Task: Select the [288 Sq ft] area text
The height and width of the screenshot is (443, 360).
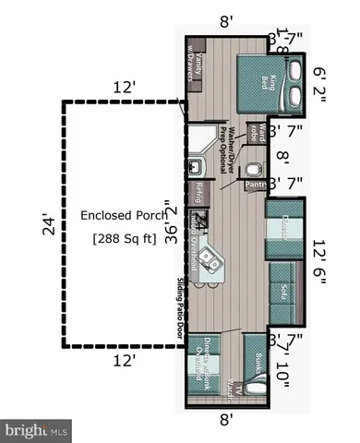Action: coord(124,239)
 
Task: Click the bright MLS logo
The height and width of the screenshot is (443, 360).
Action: coord(38,430)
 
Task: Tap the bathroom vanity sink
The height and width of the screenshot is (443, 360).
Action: coord(196,167)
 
